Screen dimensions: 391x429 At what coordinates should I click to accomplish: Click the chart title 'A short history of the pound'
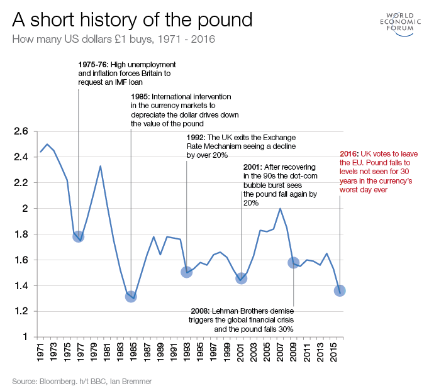point(132,19)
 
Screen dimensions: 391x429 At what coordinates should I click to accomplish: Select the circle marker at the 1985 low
point(131,296)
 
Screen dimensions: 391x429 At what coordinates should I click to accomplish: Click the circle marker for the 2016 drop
point(340,290)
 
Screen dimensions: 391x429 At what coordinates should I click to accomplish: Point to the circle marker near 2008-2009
point(293,262)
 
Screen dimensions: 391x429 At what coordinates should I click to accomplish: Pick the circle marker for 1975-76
point(78,236)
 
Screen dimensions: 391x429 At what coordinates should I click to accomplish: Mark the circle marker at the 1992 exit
point(186,272)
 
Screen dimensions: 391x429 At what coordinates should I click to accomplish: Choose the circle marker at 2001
point(242,278)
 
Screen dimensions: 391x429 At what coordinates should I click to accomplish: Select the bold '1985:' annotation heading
point(140,97)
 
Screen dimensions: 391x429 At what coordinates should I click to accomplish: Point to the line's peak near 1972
point(47,144)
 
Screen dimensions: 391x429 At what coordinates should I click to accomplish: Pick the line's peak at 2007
point(280,209)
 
